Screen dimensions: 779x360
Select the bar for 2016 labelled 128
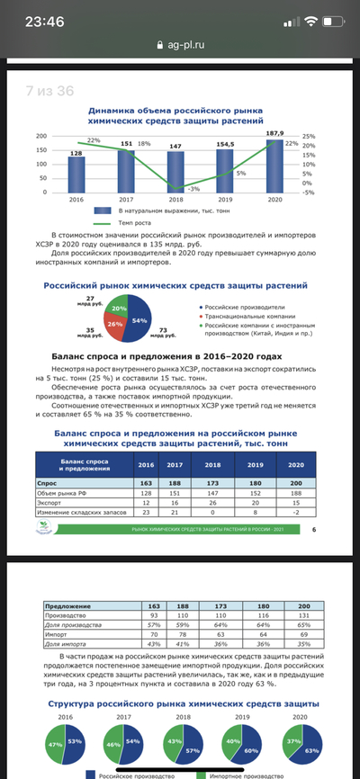[76, 175]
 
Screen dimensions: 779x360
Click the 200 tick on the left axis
[40, 136]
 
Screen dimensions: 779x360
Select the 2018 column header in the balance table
[213, 464]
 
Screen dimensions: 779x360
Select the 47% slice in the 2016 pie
[56, 744]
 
